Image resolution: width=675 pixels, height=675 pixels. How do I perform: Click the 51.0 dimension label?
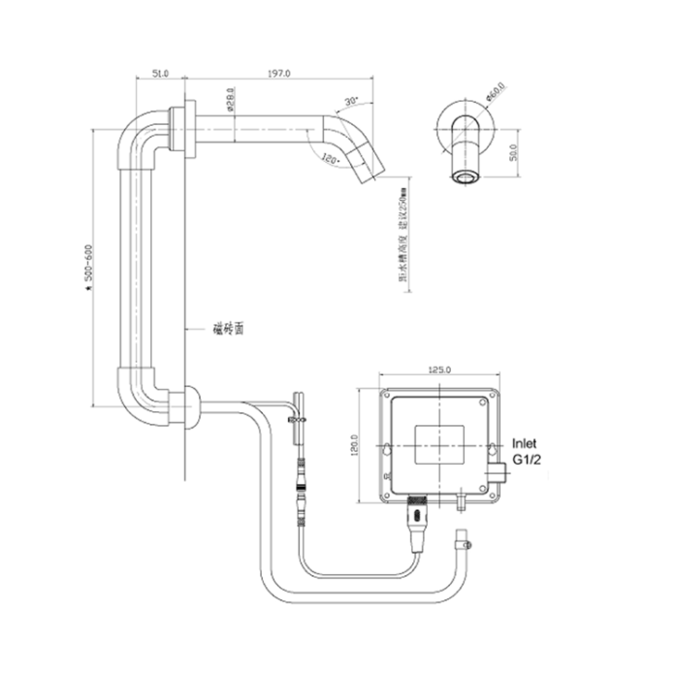click(x=160, y=73)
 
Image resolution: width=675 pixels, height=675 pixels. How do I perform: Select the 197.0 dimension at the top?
click(x=282, y=73)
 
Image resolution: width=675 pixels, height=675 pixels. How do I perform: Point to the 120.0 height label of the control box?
click(x=356, y=446)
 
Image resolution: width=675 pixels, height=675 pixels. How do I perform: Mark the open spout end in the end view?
click(x=466, y=176)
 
